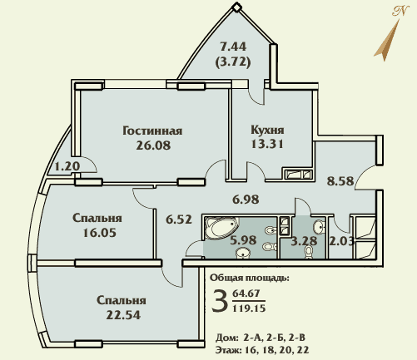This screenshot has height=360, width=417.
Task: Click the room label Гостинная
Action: coord(152,131)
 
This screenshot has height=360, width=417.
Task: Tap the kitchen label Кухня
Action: coord(267,130)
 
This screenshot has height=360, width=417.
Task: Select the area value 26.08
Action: coord(153,145)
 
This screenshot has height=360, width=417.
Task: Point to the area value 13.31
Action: coord(267,144)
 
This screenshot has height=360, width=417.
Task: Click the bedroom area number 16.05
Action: coord(100,233)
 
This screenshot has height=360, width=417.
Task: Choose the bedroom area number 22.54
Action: coord(123,315)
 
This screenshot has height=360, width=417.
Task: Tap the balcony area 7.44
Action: coord(233,47)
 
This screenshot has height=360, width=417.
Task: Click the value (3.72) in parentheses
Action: coord(233,62)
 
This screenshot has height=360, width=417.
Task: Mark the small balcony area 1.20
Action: coord(67,167)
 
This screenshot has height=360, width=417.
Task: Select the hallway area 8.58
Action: coord(340,181)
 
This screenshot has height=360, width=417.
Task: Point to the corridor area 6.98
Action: coord(246,200)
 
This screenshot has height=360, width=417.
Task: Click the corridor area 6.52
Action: coord(179,219)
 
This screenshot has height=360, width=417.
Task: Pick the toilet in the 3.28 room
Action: coord(308,252)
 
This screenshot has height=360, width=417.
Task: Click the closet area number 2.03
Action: coord(341,241)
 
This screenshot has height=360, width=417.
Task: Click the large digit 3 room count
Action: coord(218,300)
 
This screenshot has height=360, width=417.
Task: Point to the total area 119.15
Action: coord(249,308)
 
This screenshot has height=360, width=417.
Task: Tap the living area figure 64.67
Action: coord(246,293)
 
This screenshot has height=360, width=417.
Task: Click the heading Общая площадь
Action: coord(250,278)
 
